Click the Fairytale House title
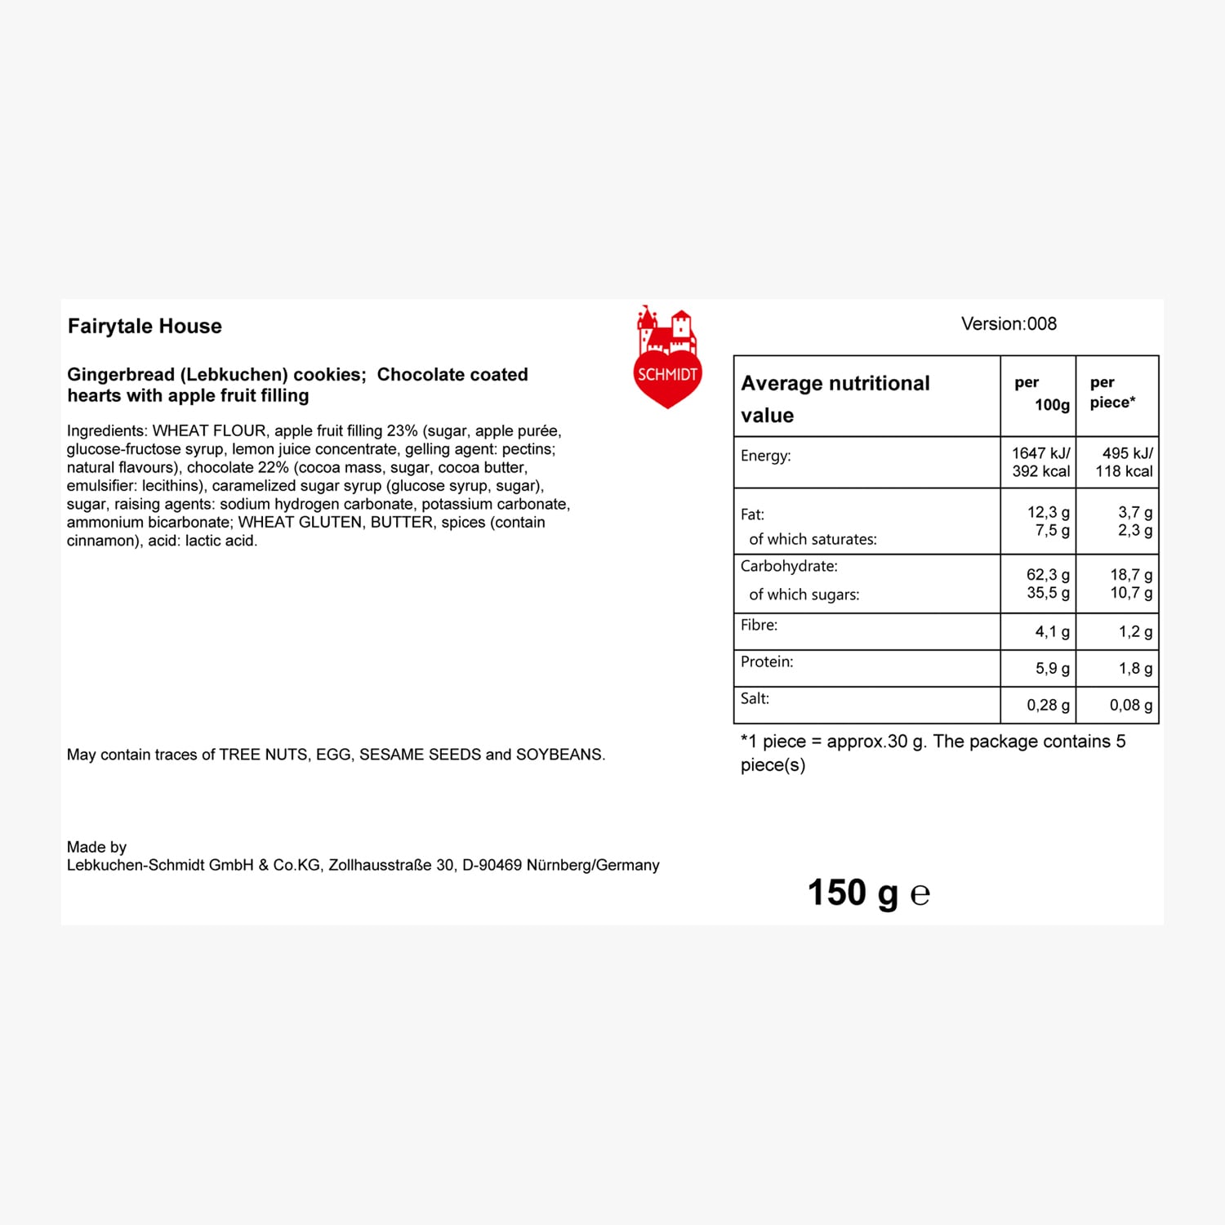pyautogui.click(x=145, y=327)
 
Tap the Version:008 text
pyautogui.click(x=1009, y=324)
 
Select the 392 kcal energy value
pyautogui.click(x=1040, y=471)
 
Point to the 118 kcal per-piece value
pyautogui.click(x=1124, y=471)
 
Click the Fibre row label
pyautogui.click(x=759, y=626)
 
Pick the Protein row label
pyautogui.click(x=767, y=662)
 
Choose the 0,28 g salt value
pyautogui.click(x=1048, y=706)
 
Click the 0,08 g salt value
pyautogui.click(x=1131, y=706)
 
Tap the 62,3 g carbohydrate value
pyautogui.click(x=1048, y=575)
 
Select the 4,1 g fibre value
pyautogui.click(x=1052, y=632)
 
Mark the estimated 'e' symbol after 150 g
pyautogui.click(x=920, y=895)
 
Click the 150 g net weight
pyautogui.click(x=853, y=893)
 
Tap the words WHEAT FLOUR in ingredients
pyautogui.click(x=209, y=431)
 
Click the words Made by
pyautogui.click(x=96, y=847)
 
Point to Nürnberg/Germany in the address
pyautogui.click(x=593, y=866)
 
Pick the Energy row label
pyautogui.click(x=765, y=456)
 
